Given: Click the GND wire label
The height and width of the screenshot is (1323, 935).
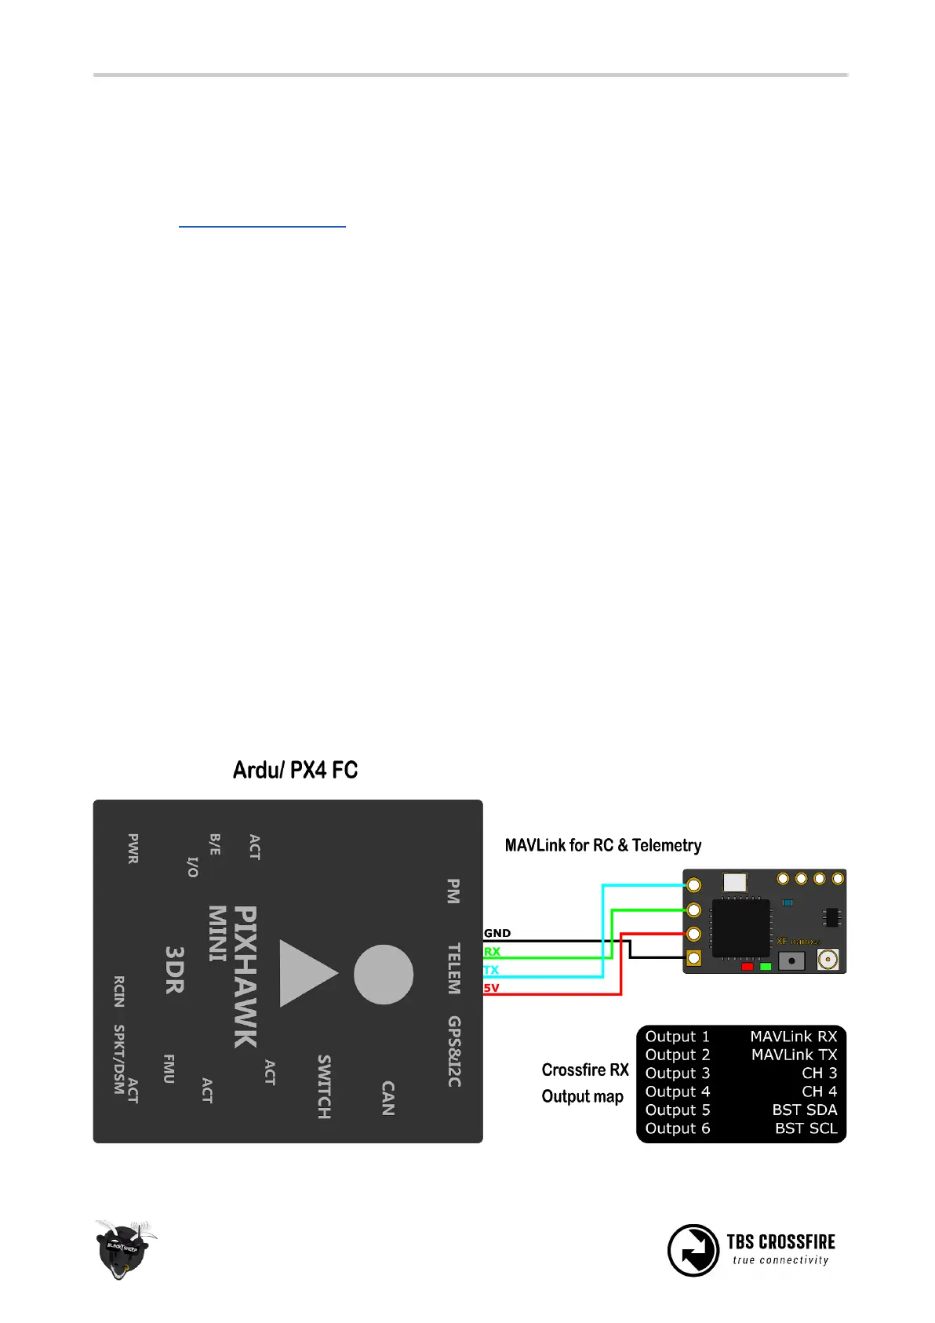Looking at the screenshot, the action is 497,933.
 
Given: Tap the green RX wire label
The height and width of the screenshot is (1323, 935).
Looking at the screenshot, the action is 492,951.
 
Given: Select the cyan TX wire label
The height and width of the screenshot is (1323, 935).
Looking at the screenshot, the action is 491,970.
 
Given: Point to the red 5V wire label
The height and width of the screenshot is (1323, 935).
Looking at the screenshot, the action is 491,988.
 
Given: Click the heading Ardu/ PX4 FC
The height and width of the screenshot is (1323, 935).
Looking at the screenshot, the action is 295,770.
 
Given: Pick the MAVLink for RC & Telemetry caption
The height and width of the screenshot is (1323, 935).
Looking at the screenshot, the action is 602,845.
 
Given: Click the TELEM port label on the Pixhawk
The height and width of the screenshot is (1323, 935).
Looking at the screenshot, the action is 453,969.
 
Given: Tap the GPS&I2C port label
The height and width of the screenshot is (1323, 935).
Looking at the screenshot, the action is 454,1051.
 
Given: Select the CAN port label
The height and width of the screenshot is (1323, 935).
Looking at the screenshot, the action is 387,1098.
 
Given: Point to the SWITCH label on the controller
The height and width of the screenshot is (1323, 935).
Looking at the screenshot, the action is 324,1087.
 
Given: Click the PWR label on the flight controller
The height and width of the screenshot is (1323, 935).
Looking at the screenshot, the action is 133,849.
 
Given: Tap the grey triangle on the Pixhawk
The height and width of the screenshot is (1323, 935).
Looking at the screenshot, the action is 307,974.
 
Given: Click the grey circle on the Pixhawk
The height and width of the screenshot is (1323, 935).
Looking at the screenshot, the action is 384,974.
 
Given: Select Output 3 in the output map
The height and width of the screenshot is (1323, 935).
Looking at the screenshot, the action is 678,1073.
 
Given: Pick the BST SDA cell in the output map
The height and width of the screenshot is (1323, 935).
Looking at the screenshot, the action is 804,1110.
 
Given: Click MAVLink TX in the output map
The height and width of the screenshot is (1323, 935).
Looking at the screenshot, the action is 794,1055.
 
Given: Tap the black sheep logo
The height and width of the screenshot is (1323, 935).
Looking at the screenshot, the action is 123,1248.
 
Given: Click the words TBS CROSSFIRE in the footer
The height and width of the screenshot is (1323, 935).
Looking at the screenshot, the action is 780,1241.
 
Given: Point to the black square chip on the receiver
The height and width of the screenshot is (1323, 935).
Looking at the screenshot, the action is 740,928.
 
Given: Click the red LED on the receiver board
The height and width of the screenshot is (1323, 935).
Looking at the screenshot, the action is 747,966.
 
